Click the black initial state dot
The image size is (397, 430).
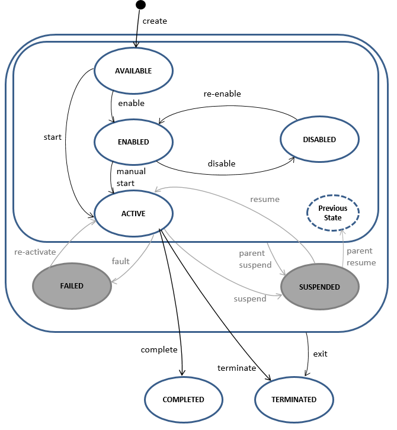[140, 5]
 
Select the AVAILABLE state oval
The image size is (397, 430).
[133, 71]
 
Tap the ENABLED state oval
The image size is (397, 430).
[133, 142]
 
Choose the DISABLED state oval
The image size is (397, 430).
[319, 140]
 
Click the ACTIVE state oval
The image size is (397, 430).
[133, 214]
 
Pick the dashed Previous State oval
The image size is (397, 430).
[333, 213]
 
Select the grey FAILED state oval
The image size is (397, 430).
[72, 285]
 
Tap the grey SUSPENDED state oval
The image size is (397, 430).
[319, 287]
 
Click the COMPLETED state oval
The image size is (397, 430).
[184, 400]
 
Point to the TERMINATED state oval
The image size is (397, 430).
[294, 400]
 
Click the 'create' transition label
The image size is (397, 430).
[155, 21]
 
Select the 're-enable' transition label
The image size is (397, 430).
[222, 94]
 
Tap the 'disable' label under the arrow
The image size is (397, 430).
[222, 163]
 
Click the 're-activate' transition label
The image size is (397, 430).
[35, 252]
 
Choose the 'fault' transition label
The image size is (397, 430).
[121, 261]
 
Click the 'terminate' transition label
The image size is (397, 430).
[237, 368]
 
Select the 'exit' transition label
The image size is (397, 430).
[320, 354]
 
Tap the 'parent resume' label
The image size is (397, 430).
[360, 256]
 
